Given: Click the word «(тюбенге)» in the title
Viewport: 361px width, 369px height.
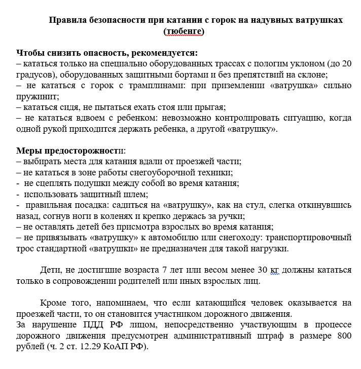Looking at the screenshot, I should (x=184, y=31).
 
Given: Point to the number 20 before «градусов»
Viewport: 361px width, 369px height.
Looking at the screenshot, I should (x=346, y=63).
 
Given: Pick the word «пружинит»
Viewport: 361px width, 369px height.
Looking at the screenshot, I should (x=37, y=96).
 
